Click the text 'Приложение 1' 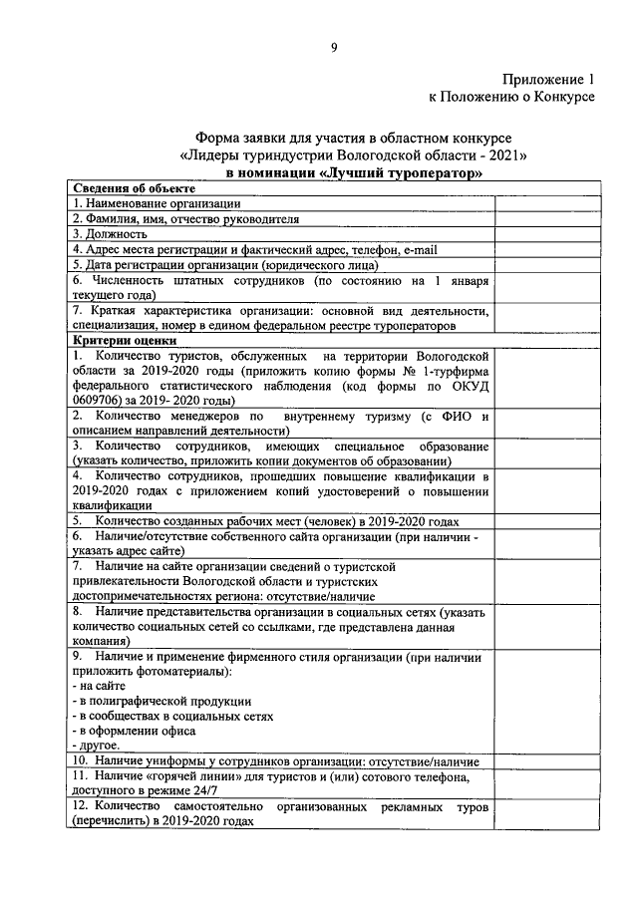pos(548,79)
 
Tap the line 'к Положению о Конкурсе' pos(511,97)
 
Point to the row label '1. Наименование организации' pos(156,203)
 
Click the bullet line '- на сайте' pos(101,686)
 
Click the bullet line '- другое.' pos(97,745)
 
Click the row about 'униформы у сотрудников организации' pos(274,759)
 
